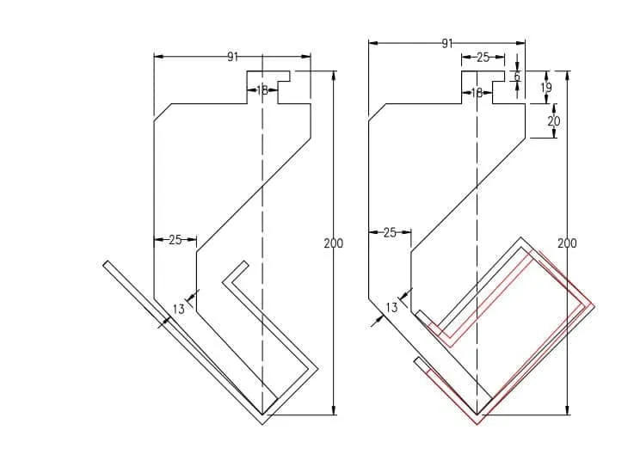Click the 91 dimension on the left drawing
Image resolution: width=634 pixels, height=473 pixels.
click(232, 57)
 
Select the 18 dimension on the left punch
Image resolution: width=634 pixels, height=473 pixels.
click(262, 89)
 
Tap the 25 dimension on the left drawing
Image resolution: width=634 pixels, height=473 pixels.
click(175, 240)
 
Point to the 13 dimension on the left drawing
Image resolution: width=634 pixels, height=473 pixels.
click(178, 309)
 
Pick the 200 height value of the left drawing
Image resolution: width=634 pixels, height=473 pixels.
click(333, 243)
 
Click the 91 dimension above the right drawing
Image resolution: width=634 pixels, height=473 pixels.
click(446, 43)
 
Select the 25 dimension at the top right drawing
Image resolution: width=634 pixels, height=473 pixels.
click(482, 58)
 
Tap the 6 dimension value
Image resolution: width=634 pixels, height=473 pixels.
click(517, 77)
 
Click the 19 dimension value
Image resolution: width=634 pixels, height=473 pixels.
click(546, 87)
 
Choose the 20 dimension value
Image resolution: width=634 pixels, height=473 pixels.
click(553, 121)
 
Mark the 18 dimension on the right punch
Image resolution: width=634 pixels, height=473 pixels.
click(477, 93)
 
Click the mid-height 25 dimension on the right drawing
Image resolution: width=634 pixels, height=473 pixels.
click(390, 232)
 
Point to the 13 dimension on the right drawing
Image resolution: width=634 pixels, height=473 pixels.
click(391, 307)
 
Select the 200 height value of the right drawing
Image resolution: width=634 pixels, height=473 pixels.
click(567, 243)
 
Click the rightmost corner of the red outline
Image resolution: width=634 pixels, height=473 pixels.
click(594, 307)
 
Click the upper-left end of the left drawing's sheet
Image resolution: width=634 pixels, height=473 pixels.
click(105, 262)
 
